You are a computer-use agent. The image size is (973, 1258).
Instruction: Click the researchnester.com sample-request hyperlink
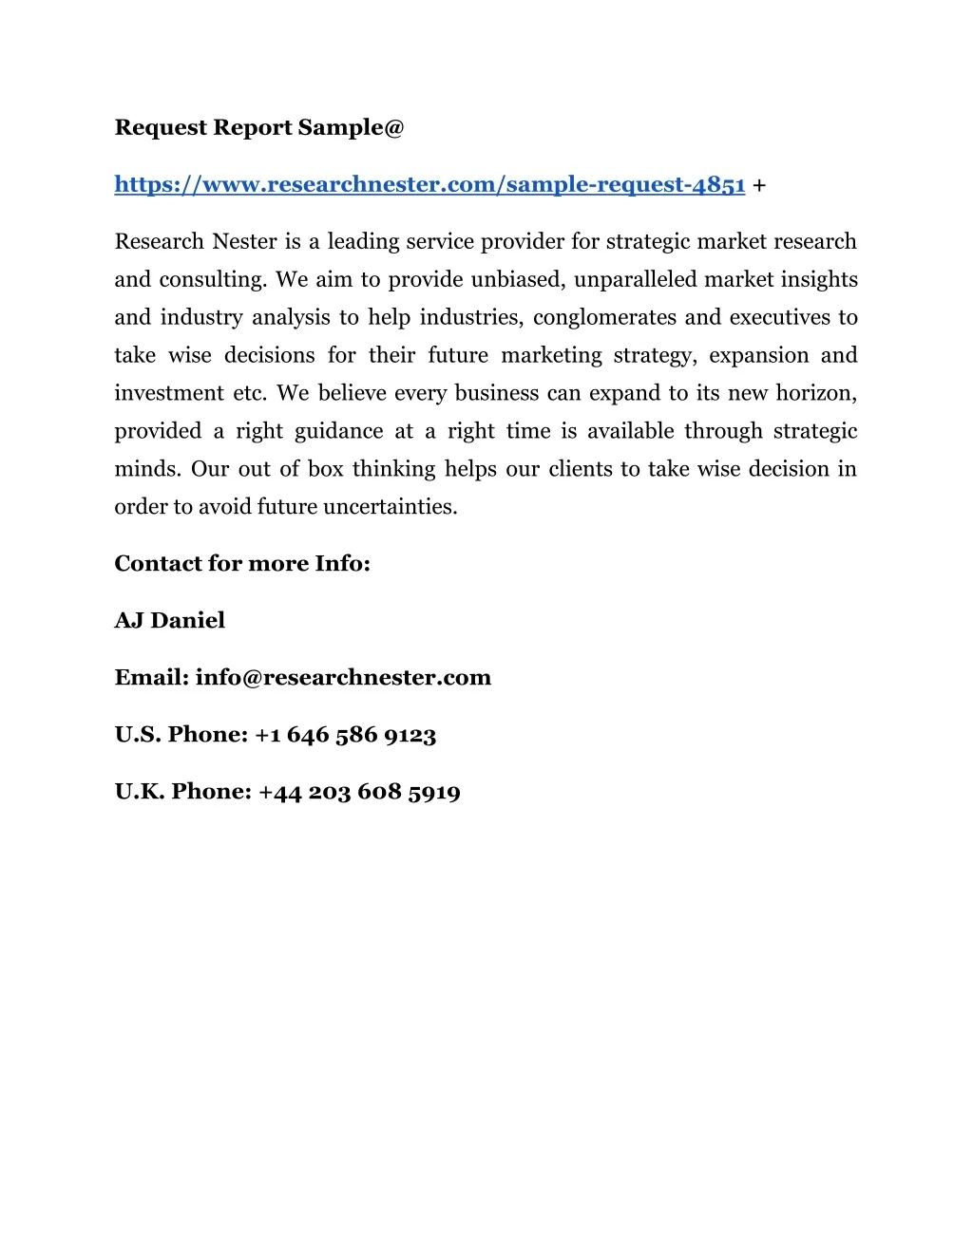[x=429, y=184]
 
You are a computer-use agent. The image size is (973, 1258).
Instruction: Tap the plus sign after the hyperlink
[x=759, y=185]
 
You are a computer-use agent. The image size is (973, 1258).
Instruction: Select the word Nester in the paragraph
[x=244, y=241]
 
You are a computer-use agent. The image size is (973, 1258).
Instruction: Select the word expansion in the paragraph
[x=758, y=356]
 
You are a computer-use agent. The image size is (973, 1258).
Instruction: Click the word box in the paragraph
[x=325, y=469]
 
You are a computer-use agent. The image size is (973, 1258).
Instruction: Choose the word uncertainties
[x=390, y=507]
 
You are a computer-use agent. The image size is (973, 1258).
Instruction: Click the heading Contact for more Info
[x=242, y=564]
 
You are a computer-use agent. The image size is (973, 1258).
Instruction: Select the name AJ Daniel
[x=170, y=621]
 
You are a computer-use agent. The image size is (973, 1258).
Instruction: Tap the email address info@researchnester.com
[x=343, y=678]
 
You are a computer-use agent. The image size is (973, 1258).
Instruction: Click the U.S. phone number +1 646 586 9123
[x=346, y=735]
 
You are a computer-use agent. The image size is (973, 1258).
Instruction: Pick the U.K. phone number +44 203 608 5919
[x=359, y=792]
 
